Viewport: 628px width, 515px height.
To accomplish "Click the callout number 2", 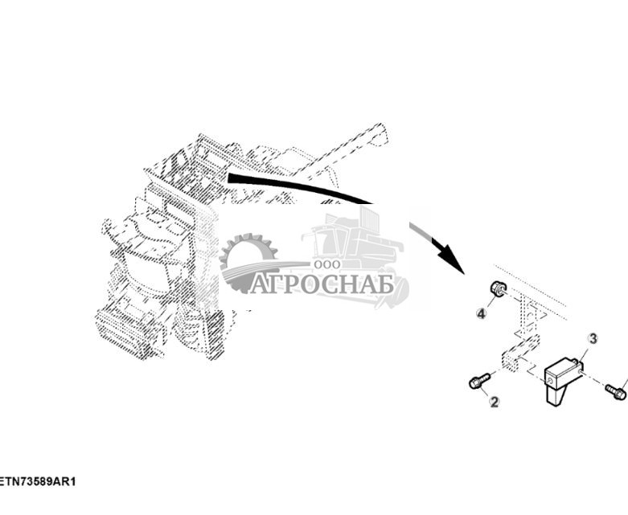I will point(494,402).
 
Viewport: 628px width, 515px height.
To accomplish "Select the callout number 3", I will point(593,339).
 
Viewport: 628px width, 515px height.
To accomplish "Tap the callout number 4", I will point(481,313).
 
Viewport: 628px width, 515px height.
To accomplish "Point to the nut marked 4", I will point(498,288).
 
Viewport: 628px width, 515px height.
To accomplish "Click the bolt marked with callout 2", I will point(478,381).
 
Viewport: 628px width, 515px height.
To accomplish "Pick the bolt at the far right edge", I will point(617,392).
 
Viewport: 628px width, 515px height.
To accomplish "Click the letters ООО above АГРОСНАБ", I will point(326,264).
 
